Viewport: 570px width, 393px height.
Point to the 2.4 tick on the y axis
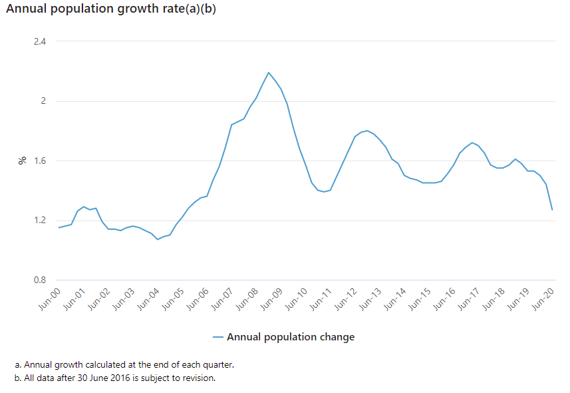point(39,41)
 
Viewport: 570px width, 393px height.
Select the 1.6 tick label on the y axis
point(39,161)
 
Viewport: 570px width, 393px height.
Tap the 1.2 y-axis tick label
point(39,220)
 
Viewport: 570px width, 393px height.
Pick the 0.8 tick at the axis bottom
point(39,280)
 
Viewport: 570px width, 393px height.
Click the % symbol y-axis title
point(22,161)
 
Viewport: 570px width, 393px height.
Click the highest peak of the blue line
point(269,73)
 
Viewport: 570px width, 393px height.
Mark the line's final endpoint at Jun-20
point(553,210)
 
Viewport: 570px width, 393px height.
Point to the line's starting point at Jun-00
point(59,228)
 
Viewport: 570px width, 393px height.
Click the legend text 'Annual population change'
point(291,337)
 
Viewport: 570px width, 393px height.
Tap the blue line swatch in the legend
point(218,337)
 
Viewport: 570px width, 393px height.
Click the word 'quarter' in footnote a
point(215,365)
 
